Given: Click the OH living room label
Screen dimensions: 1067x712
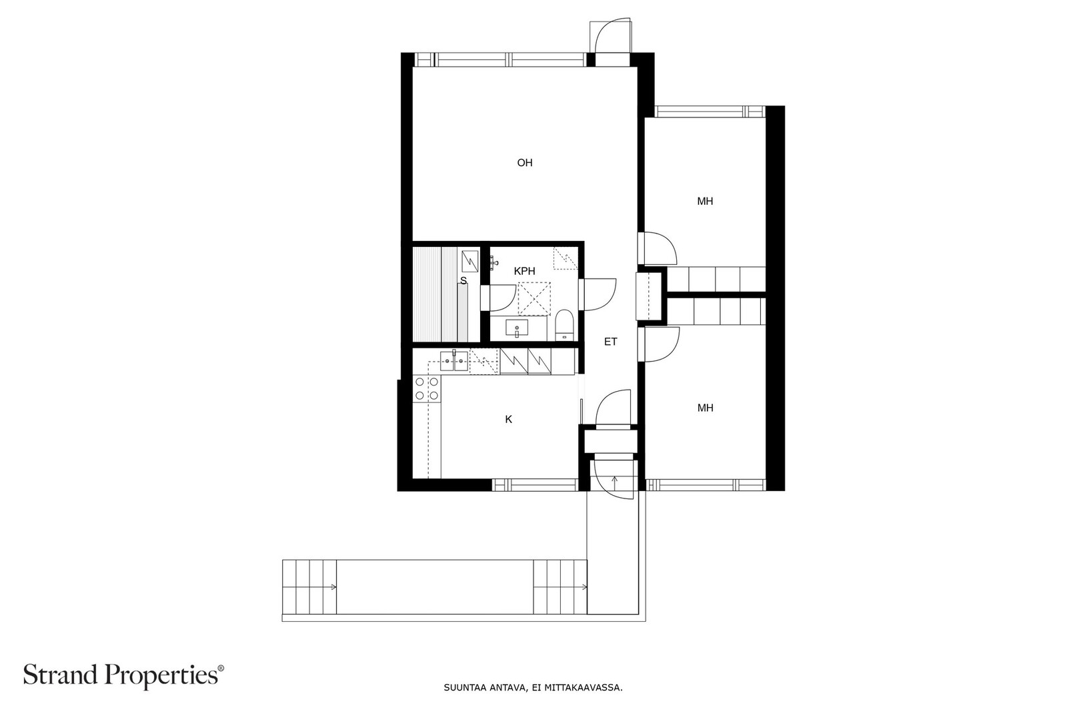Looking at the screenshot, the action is pos(524,163).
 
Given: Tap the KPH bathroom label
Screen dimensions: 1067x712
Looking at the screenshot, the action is pos(524,271).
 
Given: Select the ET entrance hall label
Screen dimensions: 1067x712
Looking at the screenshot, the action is pos(611,342).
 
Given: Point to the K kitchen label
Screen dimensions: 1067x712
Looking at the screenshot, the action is pos(509,419).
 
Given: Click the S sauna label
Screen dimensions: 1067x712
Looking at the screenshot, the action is pos(463,281).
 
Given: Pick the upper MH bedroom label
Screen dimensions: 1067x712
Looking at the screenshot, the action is pos(705,201).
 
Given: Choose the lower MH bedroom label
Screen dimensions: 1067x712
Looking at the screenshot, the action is pos(705,408).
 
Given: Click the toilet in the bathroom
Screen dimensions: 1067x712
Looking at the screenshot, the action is pos(564,325).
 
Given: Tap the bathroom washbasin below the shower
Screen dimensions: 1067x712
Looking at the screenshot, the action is pos(517,328).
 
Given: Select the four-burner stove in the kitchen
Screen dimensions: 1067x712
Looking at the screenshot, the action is pos(427,388).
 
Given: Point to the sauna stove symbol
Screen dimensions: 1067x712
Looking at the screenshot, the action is pos(470,261).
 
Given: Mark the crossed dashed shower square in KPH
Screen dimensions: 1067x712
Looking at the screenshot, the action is pos(534,299).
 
